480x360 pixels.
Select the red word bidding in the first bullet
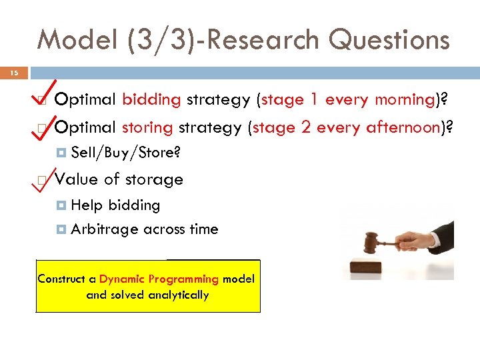coord(151,100)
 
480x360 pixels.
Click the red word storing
coord(147,127)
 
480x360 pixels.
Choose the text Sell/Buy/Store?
coord(125,153)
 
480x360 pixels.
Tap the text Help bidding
coord(115,205)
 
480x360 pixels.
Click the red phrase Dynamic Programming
coord(159,279)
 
